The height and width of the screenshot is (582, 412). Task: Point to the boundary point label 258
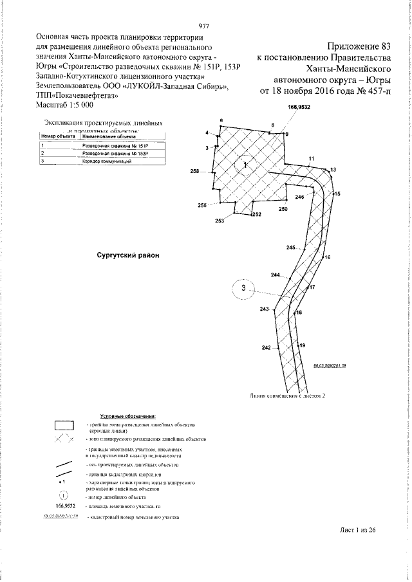click(x=195, y=172)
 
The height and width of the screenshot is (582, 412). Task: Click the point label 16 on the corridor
click(x=328, y=257)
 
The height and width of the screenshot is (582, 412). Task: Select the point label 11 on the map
click(x=311, y=158)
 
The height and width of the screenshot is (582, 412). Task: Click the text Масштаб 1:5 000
click(x=65, y=104)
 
